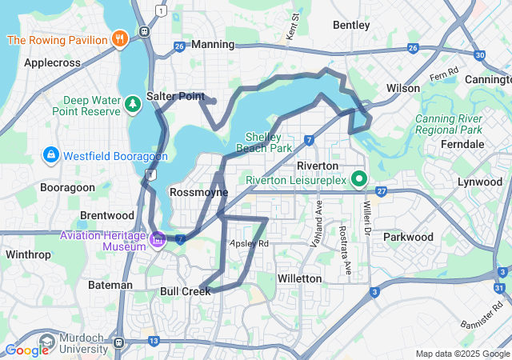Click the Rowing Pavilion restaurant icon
click(120, 38)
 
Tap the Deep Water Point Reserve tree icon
click(132, 102)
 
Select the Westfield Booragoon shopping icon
click(50, 153)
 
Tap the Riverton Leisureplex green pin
click(359, 179)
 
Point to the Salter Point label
click(175, 96)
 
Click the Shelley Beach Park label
click(269, 142)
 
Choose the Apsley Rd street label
click(249, 243)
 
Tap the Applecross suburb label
click(54, 62)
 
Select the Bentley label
click(351, 26)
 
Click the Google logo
click(26, 350)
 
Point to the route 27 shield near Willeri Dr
click(382, 192)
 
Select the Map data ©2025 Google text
click(462, 354)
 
